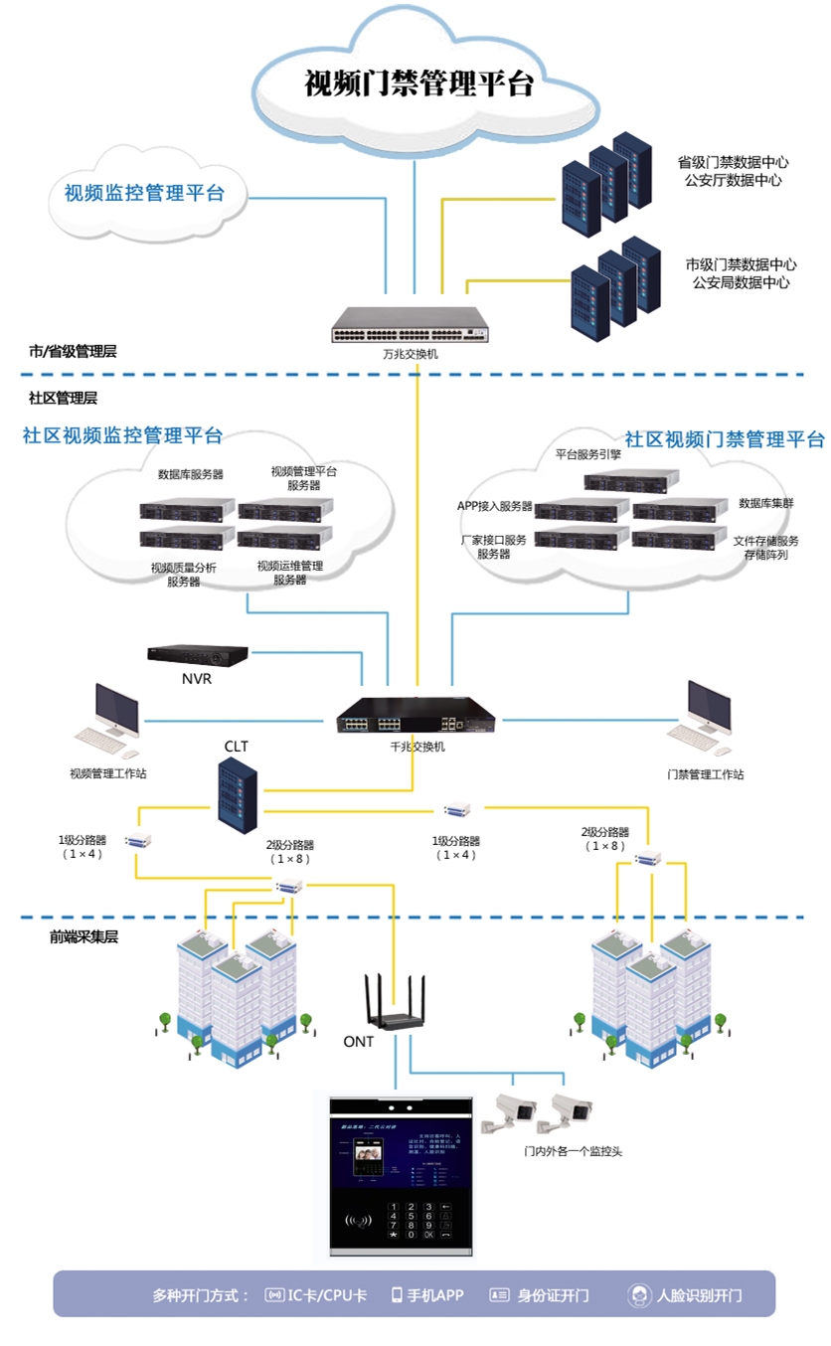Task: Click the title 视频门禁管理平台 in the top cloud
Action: pyautogui.click(x=419, y=84)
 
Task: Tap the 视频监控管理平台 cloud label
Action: pyautogui.click(x=144, y=193)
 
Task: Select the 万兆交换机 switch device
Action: pyautogui.click(x=411, y=324)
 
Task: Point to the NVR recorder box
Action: pyautogui.click(x=197, y=655)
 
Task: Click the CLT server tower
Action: pyautogui.click(x=239, y=789)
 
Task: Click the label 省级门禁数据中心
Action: pyautogui.click(x=734, y=162)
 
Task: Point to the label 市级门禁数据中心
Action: pyautogui.click(x=741, y=265)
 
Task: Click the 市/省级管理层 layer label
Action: pyautogui.click(x=74, y=351)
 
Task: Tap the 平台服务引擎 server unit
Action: pyautogui.click(x=631, y=480)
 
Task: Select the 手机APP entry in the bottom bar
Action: pyautogui.click(x=427, y=1295)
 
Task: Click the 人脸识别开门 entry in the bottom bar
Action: pyautogui.click(x=686, y=1295)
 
